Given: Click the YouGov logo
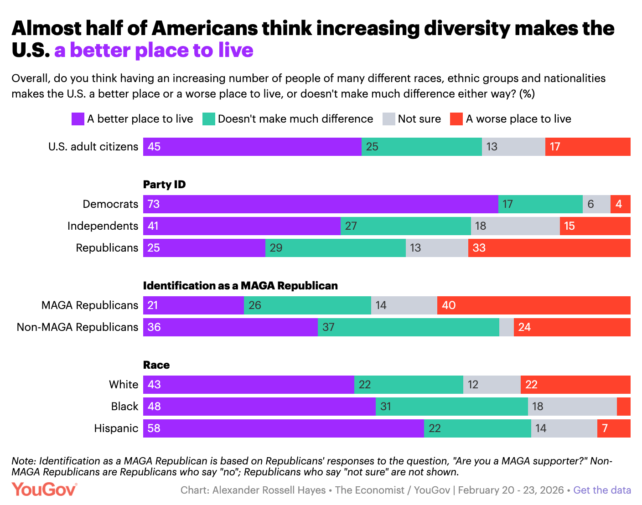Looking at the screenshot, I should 44,490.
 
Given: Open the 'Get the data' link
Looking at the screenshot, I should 602,490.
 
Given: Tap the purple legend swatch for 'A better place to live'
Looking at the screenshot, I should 78,119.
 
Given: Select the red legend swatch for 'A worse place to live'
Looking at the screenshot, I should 456,119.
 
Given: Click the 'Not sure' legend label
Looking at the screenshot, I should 419,119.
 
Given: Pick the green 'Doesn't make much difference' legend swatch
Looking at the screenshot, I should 208,119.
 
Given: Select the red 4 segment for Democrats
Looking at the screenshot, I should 620,204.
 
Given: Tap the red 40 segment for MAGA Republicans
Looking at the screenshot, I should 533,305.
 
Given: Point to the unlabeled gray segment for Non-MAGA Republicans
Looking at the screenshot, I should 506,327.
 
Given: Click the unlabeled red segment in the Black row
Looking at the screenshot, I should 623,407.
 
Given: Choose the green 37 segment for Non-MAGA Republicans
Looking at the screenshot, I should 408,327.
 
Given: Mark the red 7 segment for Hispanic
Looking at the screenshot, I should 614,428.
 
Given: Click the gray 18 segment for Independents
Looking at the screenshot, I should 515,226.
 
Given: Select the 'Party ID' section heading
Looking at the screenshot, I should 164,185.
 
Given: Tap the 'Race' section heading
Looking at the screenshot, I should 156,365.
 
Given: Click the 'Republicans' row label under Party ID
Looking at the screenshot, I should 107,248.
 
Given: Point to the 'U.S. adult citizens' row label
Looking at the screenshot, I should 93,147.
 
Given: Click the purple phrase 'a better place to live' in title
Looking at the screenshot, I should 154,50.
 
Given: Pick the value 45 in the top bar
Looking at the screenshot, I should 154,147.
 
